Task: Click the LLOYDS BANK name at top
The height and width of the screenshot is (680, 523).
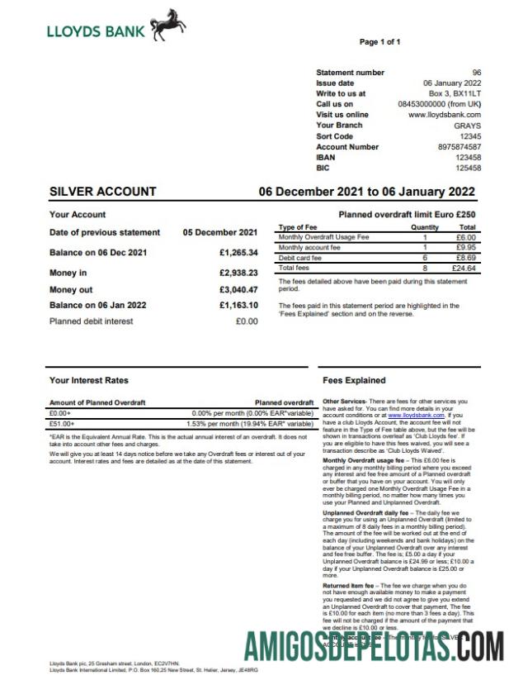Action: tap(96, 32)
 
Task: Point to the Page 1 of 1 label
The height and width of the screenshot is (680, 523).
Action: tap(379, 41)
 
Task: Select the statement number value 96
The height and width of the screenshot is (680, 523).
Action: tap(476, 73)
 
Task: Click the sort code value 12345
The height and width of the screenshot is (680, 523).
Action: tap(470, 136)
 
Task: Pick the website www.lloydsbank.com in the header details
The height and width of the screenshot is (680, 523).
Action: tap(445, 115)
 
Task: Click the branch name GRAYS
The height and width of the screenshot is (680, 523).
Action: tap(468, 126)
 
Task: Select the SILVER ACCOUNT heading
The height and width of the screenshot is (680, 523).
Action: tap(103, 192)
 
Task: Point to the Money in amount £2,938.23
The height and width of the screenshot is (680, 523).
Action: tap(238, 272)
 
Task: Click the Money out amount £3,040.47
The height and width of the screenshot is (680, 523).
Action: tap(238, 290)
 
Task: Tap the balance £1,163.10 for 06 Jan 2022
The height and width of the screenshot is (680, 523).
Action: tap(238, 306)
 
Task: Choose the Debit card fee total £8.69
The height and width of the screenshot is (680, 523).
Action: tap(466, 258)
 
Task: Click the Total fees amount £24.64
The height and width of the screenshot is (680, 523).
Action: tap(464, 268)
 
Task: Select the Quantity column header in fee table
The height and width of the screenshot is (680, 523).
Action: tap(425, 226)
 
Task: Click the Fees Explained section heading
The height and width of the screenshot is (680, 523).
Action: tap(354, 381)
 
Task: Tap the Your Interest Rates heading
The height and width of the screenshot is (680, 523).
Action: tap(89, 381)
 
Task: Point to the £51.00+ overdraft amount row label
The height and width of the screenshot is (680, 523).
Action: tap(62, 423)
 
